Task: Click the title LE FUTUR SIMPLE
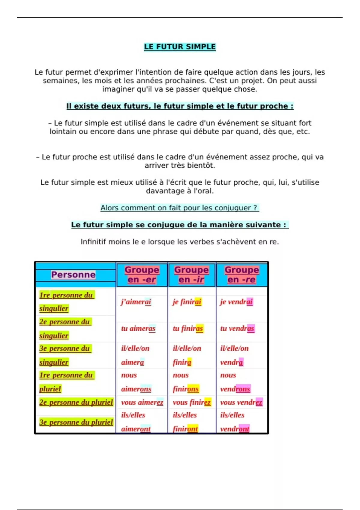pyautogui.click(x=180, y=47)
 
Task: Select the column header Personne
pyautogui.click(x=73, y=274)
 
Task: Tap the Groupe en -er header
pyautogui.click(x=142, y=274)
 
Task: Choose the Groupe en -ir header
pyautogui.click(x=191, y=274)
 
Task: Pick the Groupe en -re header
pyautogui.click(x=241, y=274)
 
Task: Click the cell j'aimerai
pyautogui.click(x=136, y=301)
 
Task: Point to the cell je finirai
pyautogui.click(x=187, y=301)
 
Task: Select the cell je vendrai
pyautogui.click(x=236, y=301)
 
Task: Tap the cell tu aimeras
pyautogui.click(x=138, y=328)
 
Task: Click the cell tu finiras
pyautogui.click(x=188, y=328)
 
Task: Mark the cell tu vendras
pyautogui.click(x=237, y=328)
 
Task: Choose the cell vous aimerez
pyautogui.click(x=142, y=402)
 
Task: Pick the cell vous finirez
pyautogui.click(x=192, y=402)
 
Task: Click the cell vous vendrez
pyautogui.click(x=241, y=402)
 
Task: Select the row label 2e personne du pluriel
pyautogui.click(x=76, y=402)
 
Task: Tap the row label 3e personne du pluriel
pyautogui.click(x=76, y=422)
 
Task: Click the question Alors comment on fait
pyautogui.click(x=179, y=208)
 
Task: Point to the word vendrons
pyautogui.click(x=235, y=389)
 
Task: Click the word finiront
pyautogui.click(x=185, y=429)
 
